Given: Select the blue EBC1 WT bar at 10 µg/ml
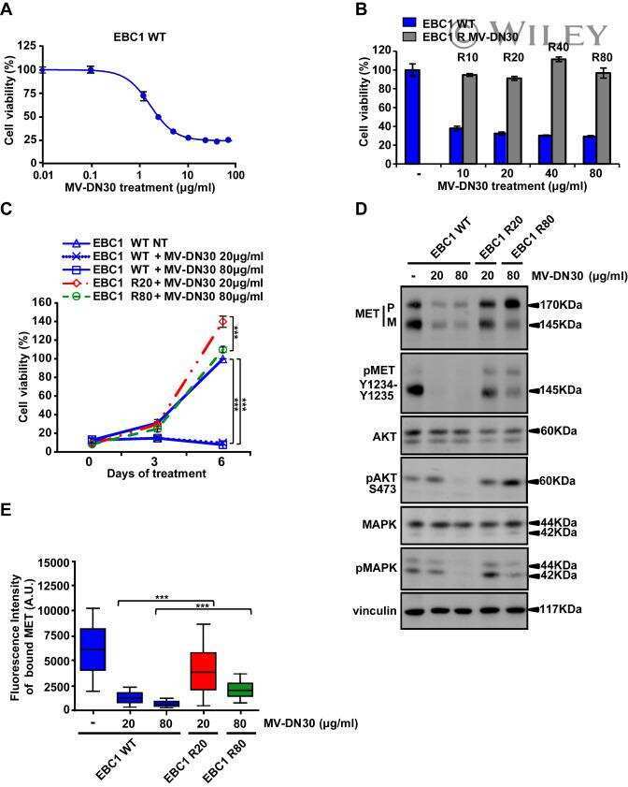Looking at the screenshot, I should [455, 147].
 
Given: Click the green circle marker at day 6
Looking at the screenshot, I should [223, 349].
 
